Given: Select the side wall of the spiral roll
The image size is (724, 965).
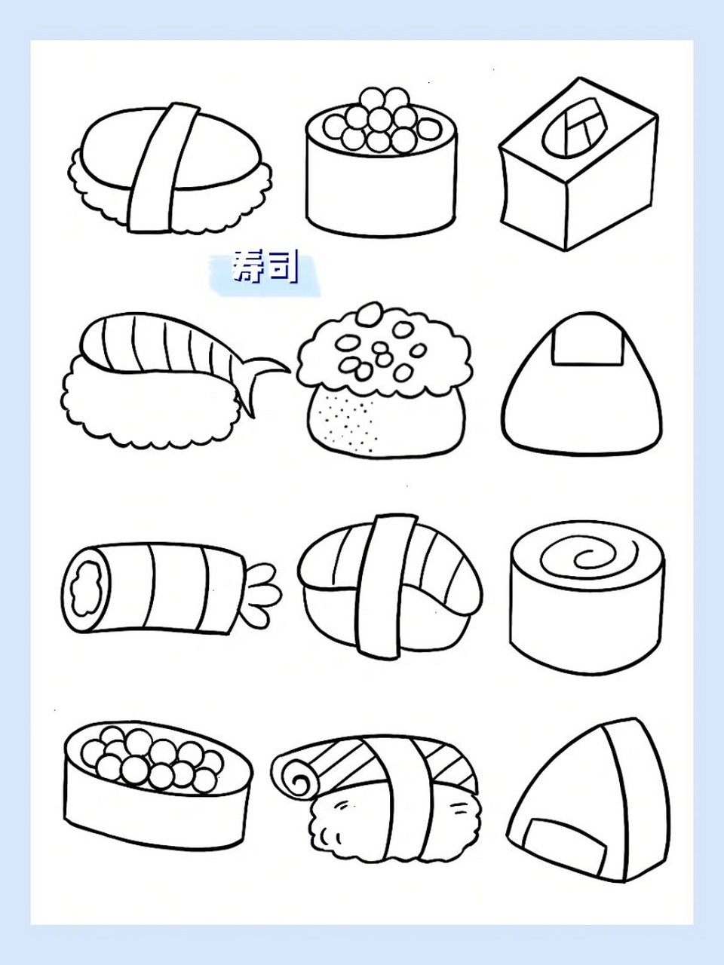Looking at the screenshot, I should (x=587, y=626).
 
